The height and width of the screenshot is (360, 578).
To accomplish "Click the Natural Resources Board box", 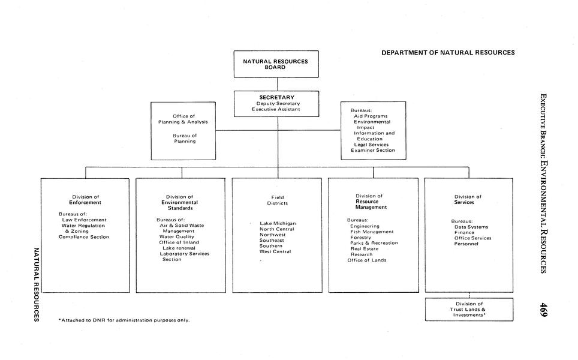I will click(276, 64).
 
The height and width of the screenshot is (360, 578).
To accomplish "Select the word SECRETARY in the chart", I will click(276, 97).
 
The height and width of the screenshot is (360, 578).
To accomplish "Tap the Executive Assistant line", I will click(276, 109).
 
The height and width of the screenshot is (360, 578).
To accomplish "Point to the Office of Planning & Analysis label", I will click(183, 119).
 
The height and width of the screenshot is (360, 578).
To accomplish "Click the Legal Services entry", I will click(371, 145).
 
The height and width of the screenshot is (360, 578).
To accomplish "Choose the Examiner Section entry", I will click(373, 151).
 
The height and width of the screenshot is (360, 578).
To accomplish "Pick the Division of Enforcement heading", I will click(85, 200).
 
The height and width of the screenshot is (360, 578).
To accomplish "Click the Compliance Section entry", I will click(84, 237).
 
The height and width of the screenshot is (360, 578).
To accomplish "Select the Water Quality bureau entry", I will click(177, 236).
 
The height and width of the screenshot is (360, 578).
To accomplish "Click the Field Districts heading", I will click(278, 200).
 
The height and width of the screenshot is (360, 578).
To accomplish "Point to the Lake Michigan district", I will click(278, 223).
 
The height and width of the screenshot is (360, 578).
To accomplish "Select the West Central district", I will click(275, 252).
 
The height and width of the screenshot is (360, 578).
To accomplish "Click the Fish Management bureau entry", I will click(372, 232).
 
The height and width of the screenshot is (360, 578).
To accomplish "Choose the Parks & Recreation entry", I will click(374, 243).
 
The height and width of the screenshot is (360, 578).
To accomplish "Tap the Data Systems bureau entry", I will click(471, 227).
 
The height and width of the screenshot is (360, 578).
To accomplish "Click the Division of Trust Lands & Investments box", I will click(469, 309).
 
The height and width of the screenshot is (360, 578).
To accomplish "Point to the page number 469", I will click(543, 310).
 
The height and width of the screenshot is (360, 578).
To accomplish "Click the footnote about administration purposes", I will click(124, 320).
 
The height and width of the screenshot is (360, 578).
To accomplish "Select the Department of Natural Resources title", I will click(448, 53).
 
